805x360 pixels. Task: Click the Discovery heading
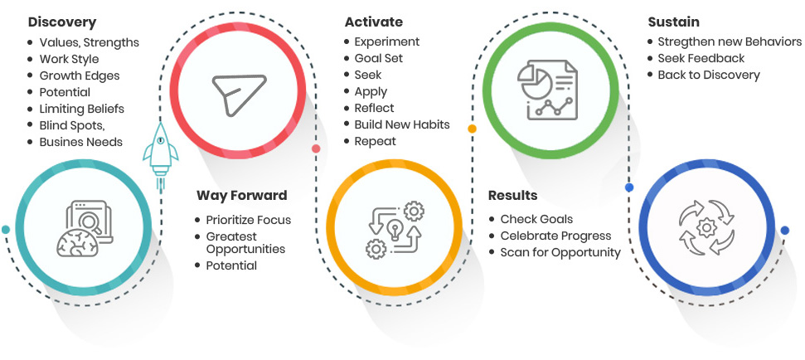[62, 22]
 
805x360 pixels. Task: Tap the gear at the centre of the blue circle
[706, 226]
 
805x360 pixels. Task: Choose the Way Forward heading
[242, 196]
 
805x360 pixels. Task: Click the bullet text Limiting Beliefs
[81, 109]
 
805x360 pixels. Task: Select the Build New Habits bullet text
[402, 124]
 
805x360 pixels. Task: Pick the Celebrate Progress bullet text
[556, 236]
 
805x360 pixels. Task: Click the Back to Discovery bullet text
[709, 75]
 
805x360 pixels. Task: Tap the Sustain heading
[673, 22]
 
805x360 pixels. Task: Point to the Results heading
[513, 196]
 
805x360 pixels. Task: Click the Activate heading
[374, 22]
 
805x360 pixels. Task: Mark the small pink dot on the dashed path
[316, 149]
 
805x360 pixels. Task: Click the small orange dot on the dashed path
[472, 129]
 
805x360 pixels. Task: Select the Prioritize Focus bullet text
[249, 221]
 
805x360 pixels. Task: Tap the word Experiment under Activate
[387, 41]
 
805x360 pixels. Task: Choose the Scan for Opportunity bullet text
[560, 253]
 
